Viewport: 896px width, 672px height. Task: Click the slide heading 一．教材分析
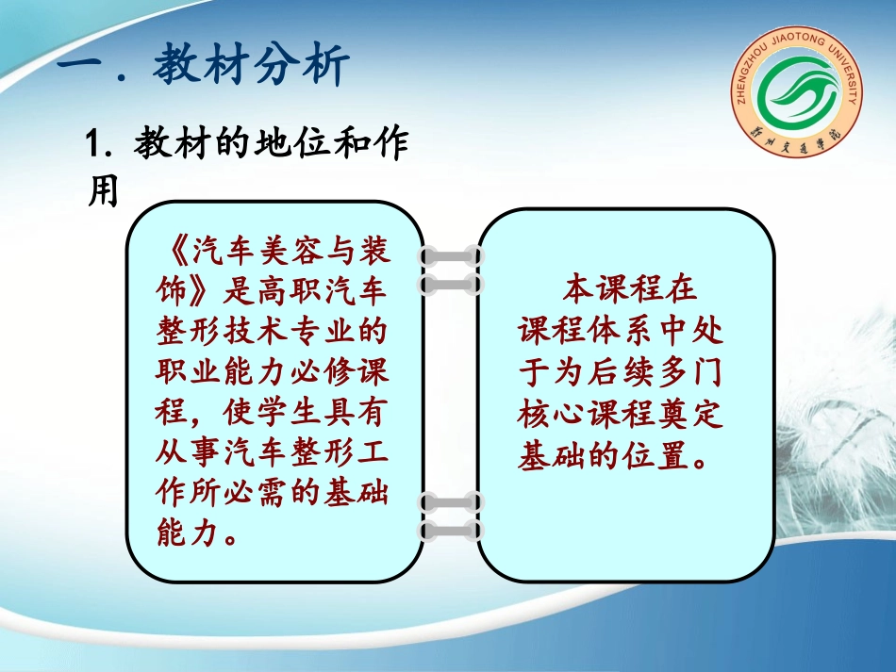(204, 68)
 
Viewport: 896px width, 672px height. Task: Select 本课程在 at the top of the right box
(630, 287)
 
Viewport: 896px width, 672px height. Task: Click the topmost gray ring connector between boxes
(451, 255)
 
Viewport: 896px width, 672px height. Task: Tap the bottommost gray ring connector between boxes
(451, 532)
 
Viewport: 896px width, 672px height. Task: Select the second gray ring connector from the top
(451, 284)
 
